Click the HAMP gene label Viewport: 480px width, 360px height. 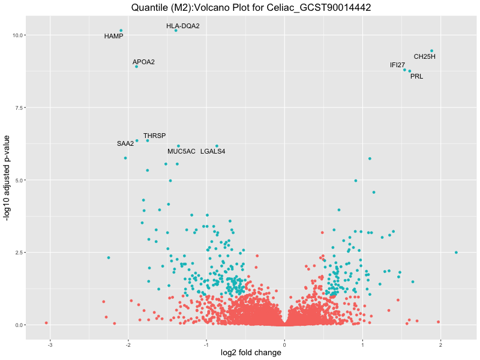(x=113, y=36)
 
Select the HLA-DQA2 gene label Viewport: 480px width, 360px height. (x=183, y=26)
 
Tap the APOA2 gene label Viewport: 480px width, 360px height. (x=143, y=62)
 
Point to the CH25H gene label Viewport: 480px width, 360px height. (x=424, y=57)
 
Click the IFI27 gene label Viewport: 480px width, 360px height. (x=397, y=65)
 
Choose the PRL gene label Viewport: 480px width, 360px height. (x=416, y=76)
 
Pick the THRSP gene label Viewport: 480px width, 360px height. (x=154, y=136)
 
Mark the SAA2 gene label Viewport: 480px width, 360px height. (x=125, y=143)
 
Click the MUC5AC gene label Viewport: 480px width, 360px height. (x=181, y=151)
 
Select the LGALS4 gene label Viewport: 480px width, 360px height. (x=212, y=151)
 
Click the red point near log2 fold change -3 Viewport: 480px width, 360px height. (x=46, y=323)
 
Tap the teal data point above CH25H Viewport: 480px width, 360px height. (x=431, y=51)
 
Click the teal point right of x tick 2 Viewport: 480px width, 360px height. (x=456, y=253)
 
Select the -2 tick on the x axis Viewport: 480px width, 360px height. (x=128, y=345)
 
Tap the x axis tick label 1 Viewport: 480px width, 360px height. (x=362, y=345)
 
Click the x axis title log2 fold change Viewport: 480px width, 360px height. (x=251, y=353)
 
